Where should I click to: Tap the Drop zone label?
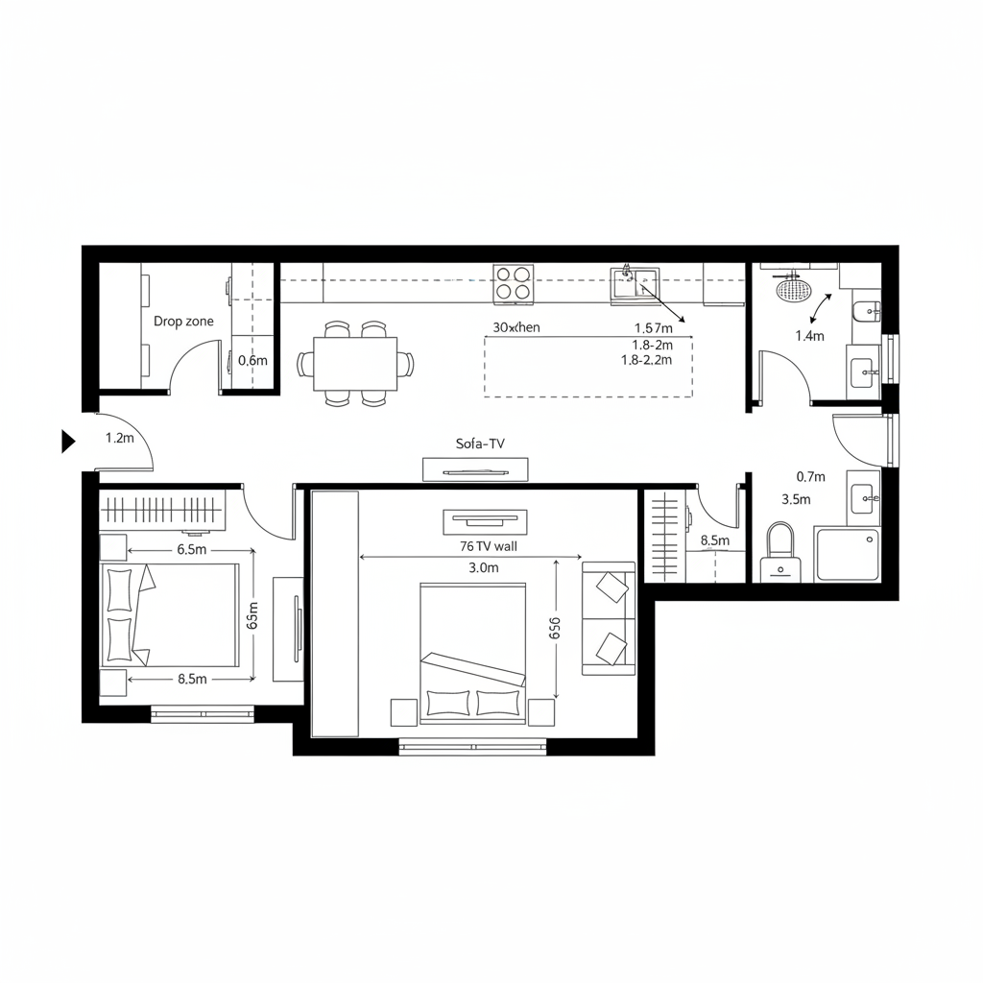coord(183,322)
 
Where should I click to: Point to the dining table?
coord(355,364)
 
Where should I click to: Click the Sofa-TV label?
coord(480,444)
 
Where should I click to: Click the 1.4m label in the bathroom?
coord(810,336)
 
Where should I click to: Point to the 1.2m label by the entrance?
coord(119,438)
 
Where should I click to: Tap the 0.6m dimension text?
coord(252,360)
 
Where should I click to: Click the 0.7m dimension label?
coord(811,476)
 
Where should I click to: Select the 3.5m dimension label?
coord(797,499)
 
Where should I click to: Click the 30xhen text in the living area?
coord(516,327)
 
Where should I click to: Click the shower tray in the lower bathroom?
coord(846,554)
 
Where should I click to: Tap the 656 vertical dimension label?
coord(555,630)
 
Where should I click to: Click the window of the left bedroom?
coord(202,713)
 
